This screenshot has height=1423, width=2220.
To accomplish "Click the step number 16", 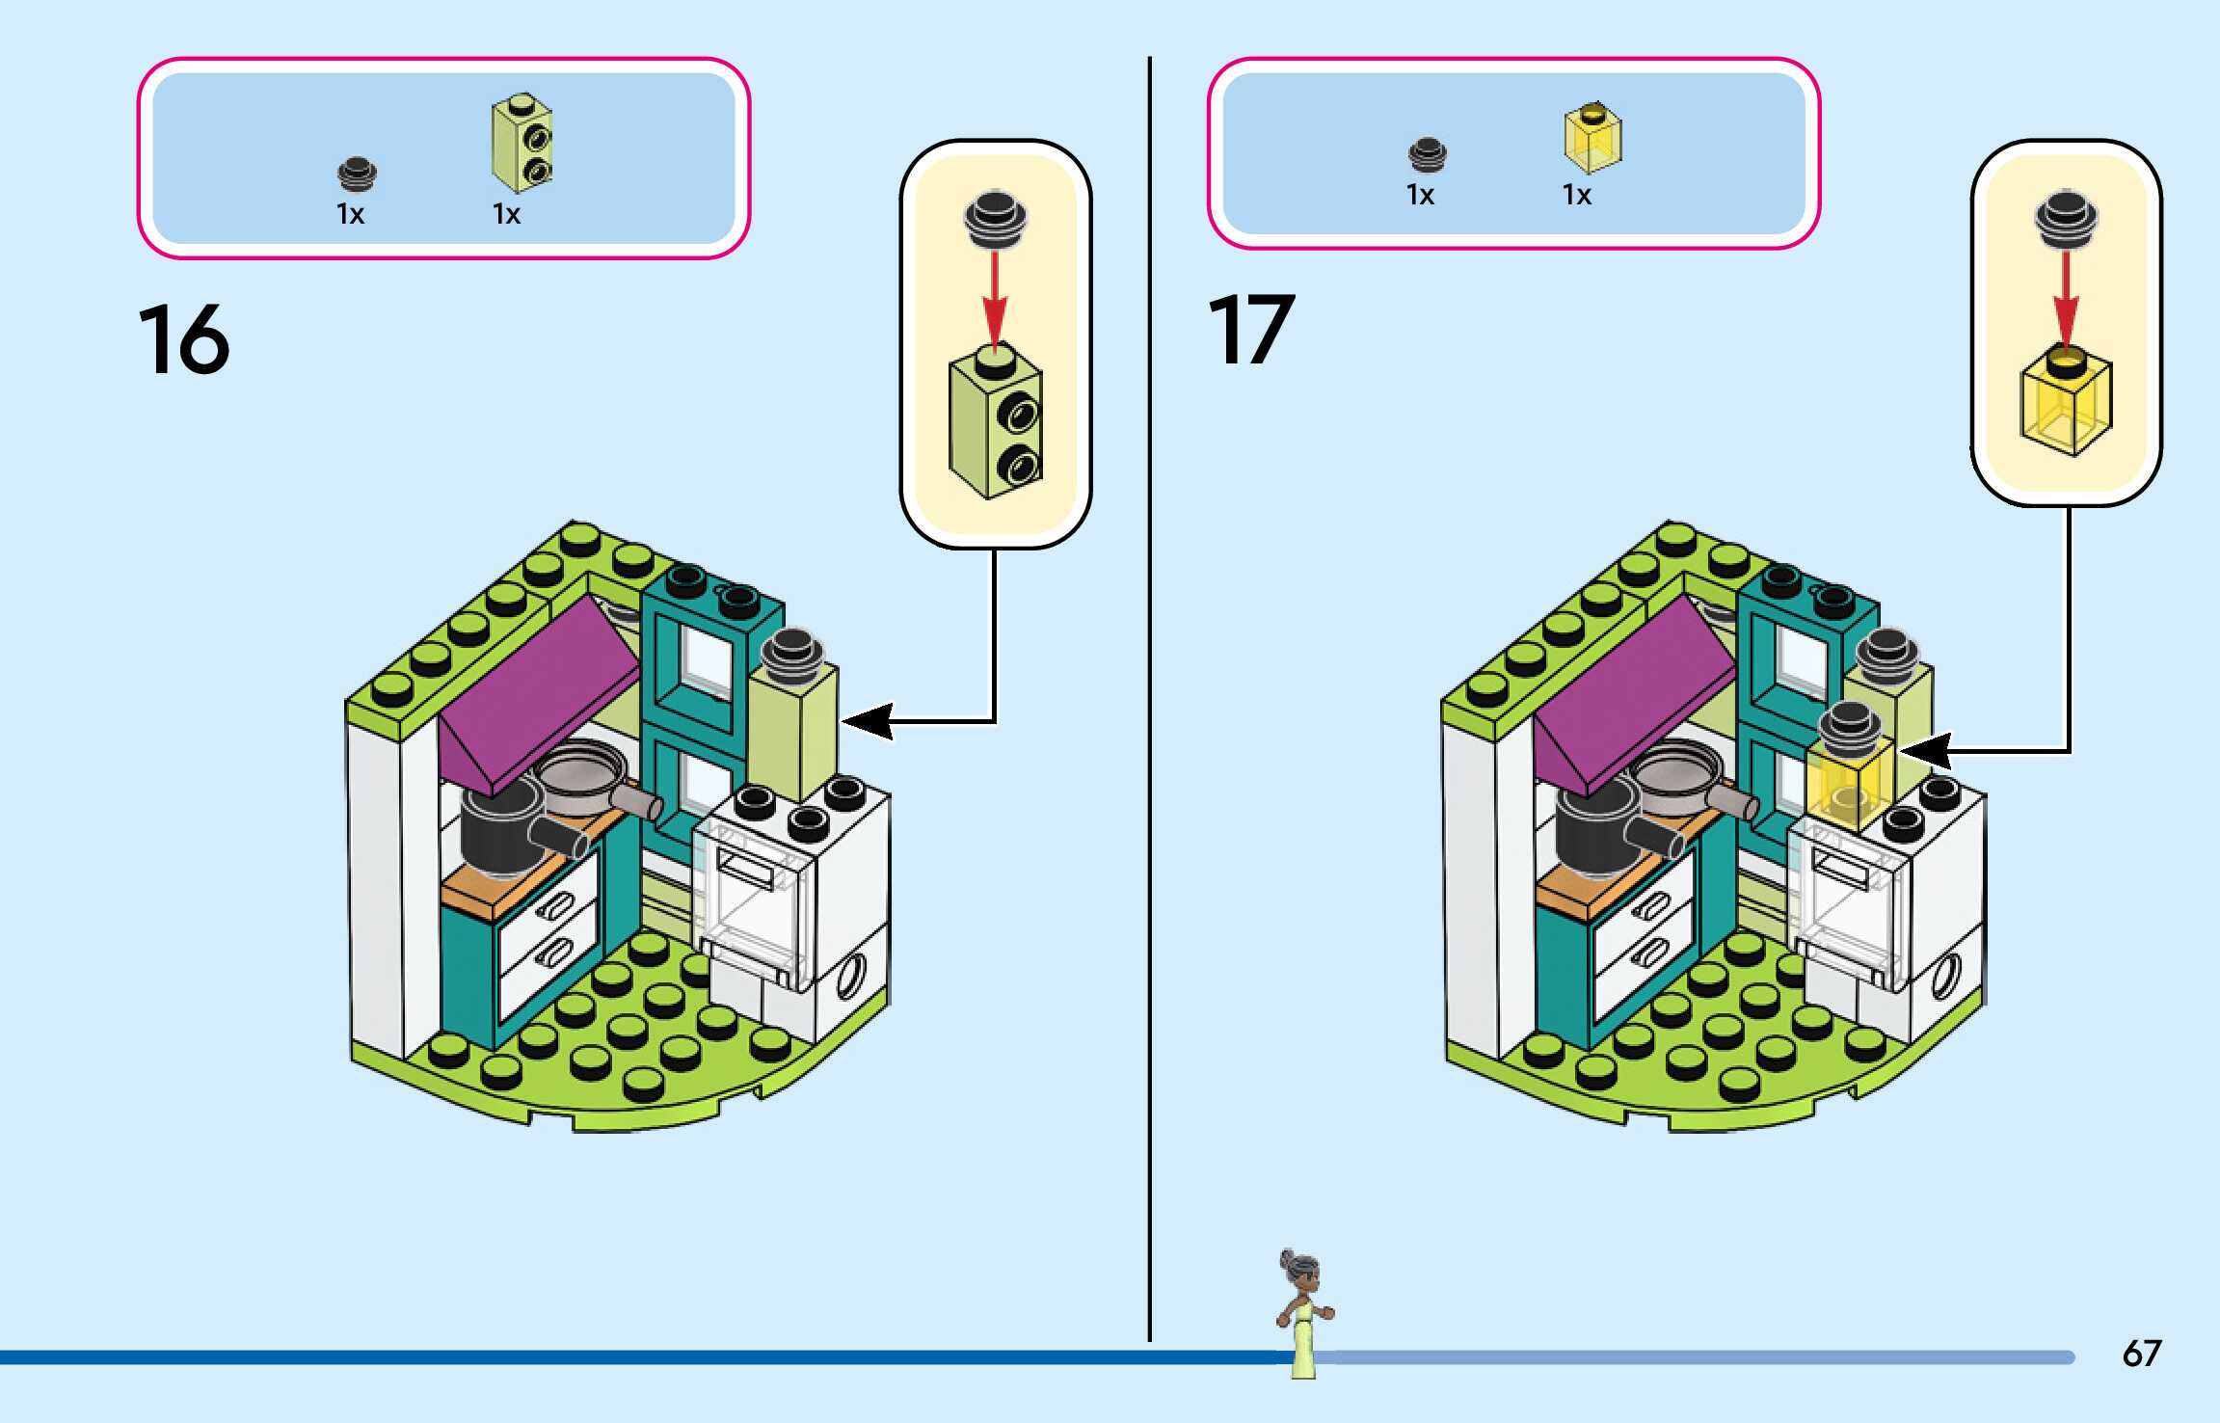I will tap(184, 338).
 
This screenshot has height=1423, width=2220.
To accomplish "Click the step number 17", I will tap(1250, 330).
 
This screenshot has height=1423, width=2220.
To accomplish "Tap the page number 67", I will tap(2141, 1353).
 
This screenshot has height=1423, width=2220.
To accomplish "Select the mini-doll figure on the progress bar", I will tap(1302, 1312).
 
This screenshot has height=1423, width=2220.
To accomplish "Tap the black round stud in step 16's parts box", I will tap(357, 175).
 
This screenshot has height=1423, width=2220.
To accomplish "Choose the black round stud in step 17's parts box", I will tap(1427, 154).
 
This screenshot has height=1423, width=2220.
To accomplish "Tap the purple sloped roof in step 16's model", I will tap(535, 694).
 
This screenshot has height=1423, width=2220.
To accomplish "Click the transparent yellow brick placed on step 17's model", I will tap(1849, 786).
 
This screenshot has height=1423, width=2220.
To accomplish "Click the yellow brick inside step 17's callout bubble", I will tap(2066, 405).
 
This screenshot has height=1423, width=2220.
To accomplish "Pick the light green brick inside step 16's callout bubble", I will tap(996, 424).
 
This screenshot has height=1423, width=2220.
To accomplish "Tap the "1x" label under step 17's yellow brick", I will tap(1576, 196).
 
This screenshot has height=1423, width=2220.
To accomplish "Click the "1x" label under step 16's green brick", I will tap(506, 214).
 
